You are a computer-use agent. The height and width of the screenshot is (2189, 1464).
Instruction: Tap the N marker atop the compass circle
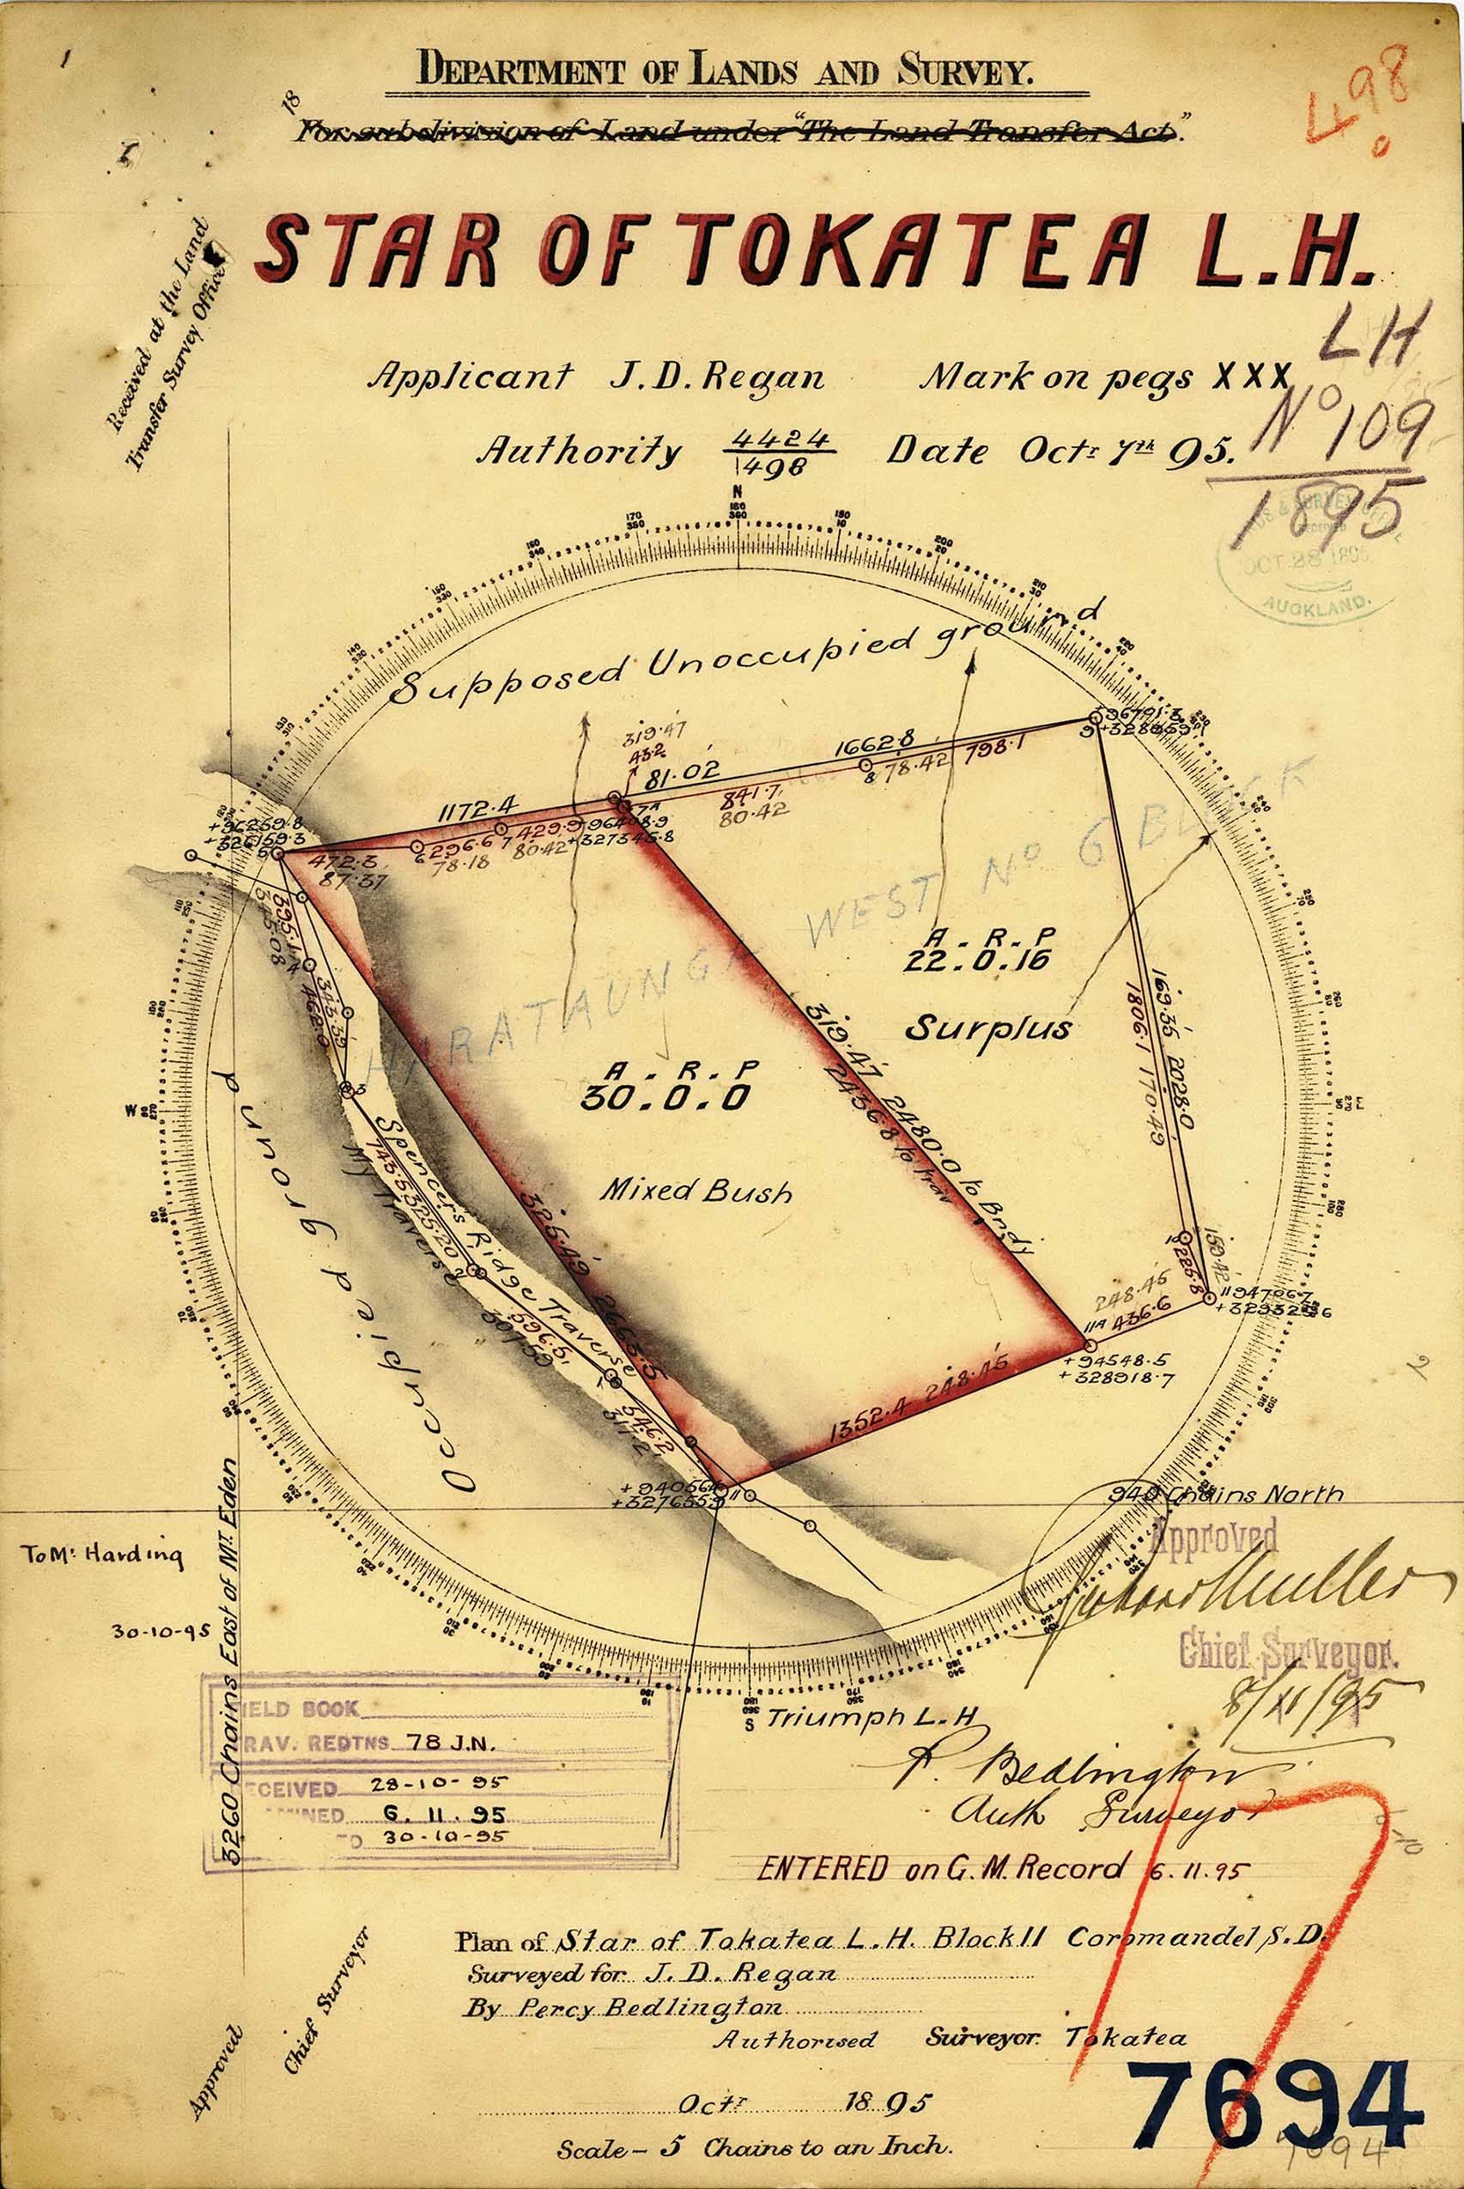click(738, 492)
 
